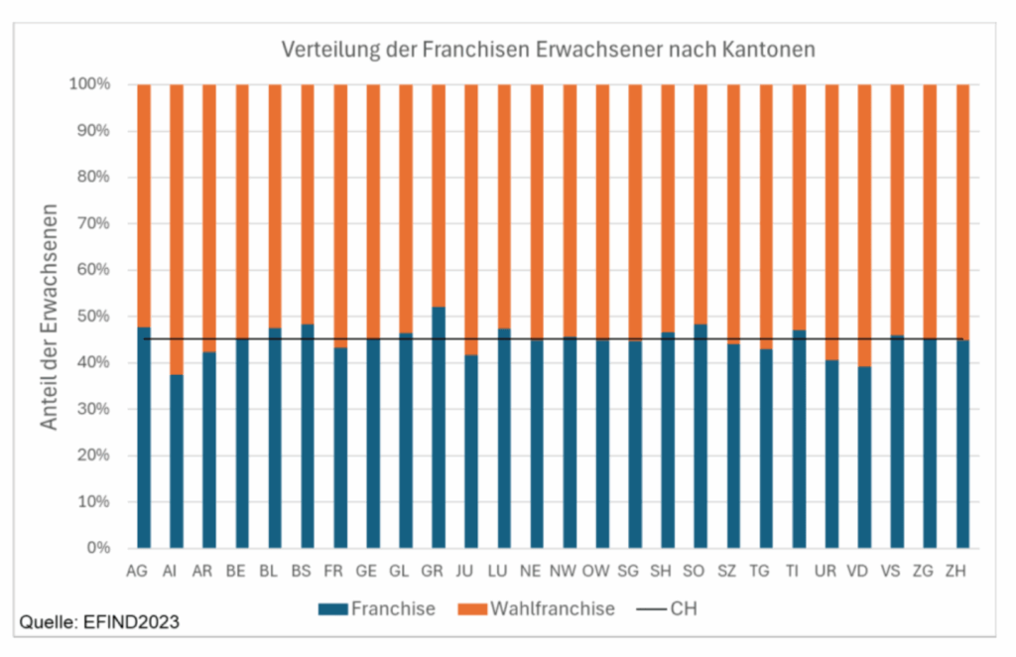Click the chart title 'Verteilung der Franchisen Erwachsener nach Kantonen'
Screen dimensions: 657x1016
point(548,49)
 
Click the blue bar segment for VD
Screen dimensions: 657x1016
point(864,457)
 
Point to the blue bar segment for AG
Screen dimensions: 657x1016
point(144,437)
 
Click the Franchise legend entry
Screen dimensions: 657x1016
point(377,608)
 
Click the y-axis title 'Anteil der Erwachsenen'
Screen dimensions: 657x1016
point(49,317)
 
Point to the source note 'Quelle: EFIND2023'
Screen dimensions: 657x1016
point(99,623)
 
